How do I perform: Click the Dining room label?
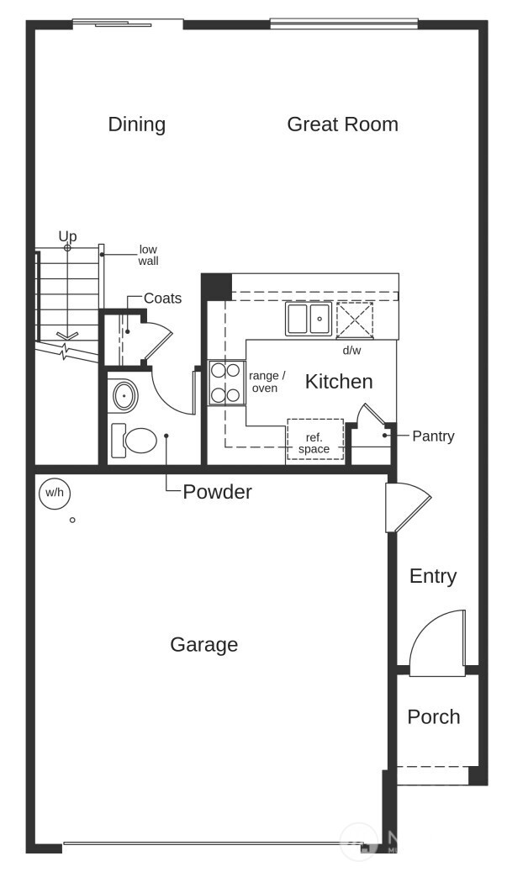(x=136, y=124)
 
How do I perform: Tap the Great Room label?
(x=342, y=124)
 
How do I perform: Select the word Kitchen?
(x=338, y=382)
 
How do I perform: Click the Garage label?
(x=203, y=645)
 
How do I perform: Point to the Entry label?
(x=433, y=576)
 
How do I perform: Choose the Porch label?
(x=434, y=716)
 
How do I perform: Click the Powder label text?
(x=217, y=492)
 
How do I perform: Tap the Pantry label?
(x=433, y=436)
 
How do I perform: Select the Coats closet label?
(x=162, y=299)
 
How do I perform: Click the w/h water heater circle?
(x=54, y=493)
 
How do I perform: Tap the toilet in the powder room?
(x=135, y=440)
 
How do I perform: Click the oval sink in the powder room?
(x=124, y=395)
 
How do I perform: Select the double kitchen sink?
(x=308, y=320)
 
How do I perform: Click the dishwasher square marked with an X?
(x=354, y=320)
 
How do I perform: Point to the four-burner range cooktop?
(x=226, y=382)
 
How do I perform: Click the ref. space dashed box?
(x=314, y=440)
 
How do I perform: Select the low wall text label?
(x=148, y=255)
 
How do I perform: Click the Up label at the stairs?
(x=67, y=236)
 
